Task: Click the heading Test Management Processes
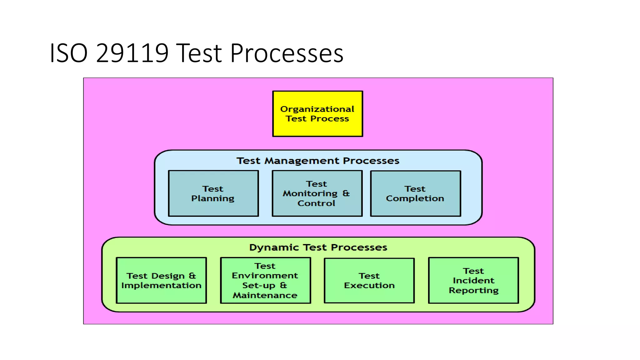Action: click(x=318, y=161)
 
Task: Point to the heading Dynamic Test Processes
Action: click(x=318, y=247)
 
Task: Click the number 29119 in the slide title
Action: click(x=132, y=53)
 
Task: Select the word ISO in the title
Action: click(x=68, y=53)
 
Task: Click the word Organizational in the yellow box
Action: click(x=317, y=109)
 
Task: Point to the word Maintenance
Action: click(x=265, y=295)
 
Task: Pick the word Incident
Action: click(x=473, y=280)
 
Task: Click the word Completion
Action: click(x=415, y=198)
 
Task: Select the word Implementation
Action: click(x=161, y=285)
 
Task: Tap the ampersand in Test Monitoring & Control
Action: click(x=346, y=193)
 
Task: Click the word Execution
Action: click(x=369, y=285)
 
